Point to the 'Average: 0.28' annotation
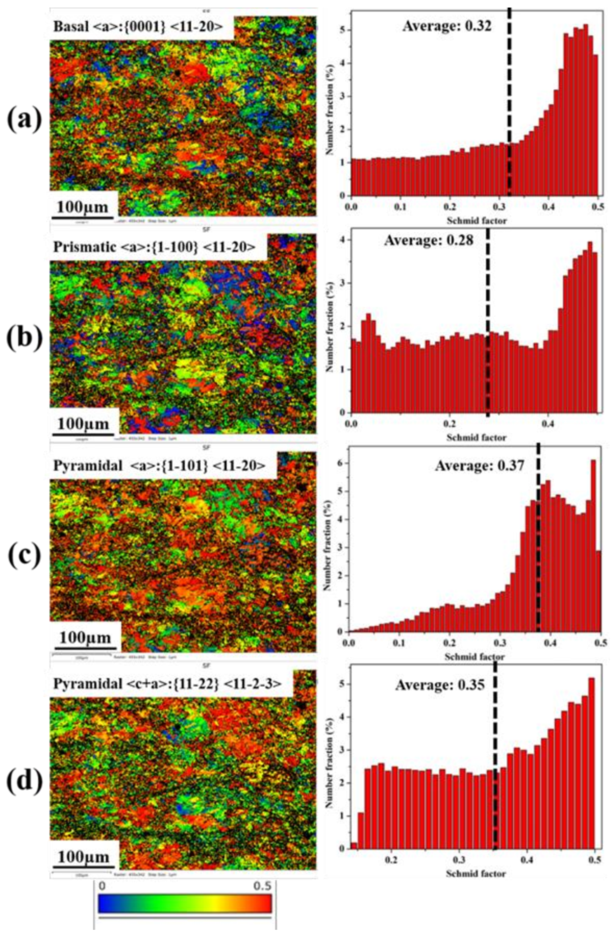(x=429, y=240)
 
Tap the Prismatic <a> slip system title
(x=155, y=246)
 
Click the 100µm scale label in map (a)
(x=82, y=206)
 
